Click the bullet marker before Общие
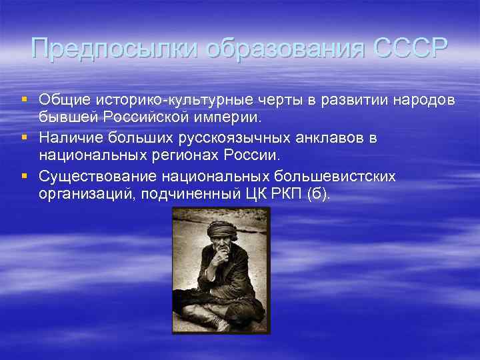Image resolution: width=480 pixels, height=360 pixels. point(25,99)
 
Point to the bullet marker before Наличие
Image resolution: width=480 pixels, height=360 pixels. point(25,138)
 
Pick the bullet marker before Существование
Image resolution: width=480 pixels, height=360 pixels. point(25,176)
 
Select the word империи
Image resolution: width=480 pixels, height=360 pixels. point(235,118)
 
